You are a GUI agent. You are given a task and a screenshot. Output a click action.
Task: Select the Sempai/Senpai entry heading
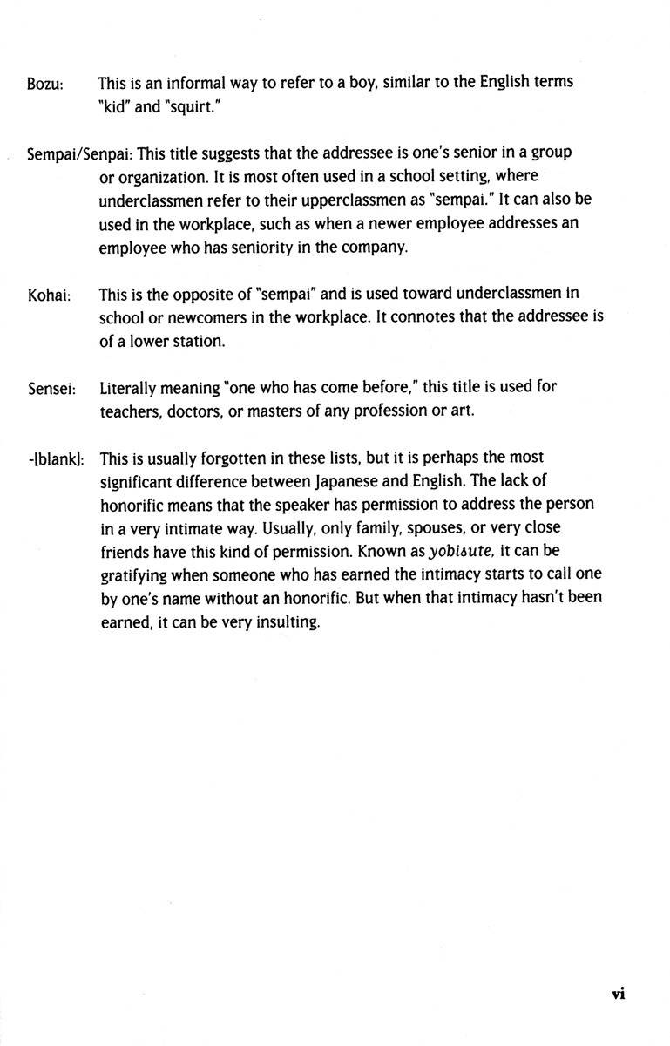79,153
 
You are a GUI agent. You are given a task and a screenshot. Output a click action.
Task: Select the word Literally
128,387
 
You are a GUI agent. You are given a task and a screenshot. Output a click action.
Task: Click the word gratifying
132,576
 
